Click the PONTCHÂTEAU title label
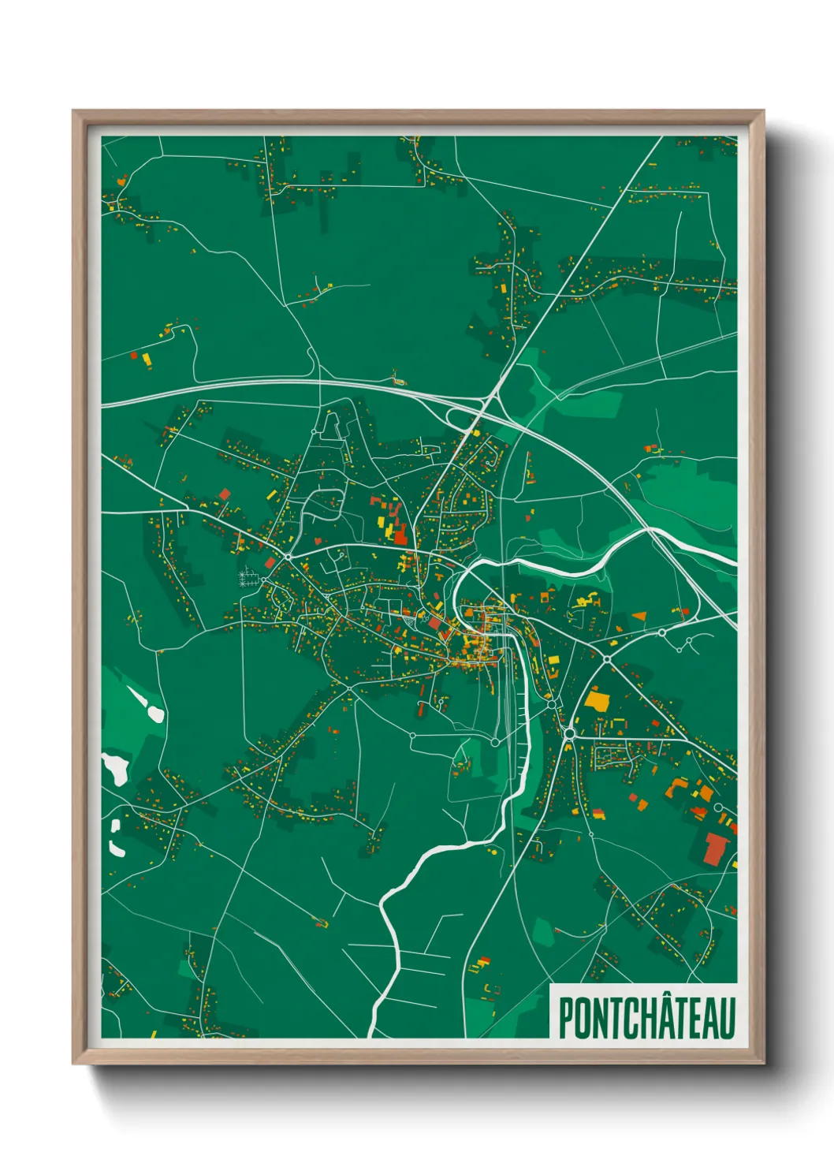point(646,1017)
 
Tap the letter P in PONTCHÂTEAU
point(566,1019)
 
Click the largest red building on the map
point(717,848)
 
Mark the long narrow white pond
point(148,704)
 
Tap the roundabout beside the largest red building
point(718,807)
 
